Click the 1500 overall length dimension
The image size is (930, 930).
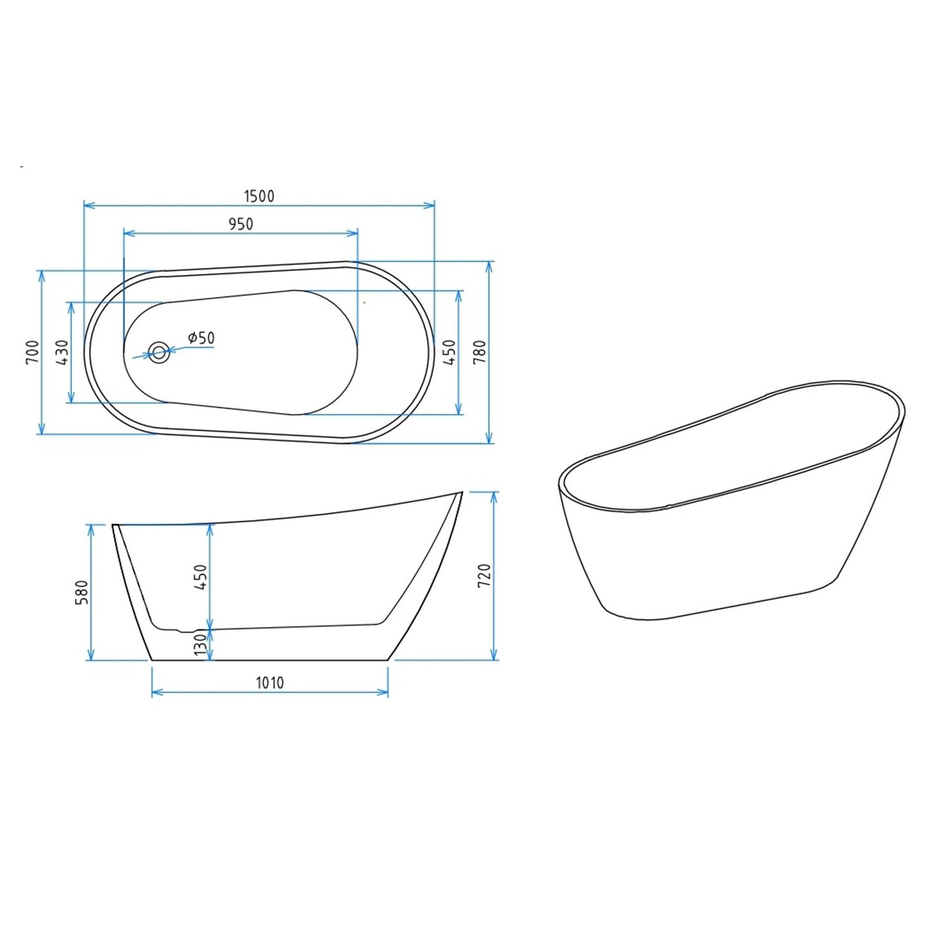pos(259,196)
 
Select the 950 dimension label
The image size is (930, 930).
pos(241,224)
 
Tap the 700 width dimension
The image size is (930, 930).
pos(33,351)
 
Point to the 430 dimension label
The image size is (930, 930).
pos(62,352)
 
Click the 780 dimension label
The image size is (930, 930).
pos(480,352)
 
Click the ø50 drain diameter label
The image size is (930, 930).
pos(201,338)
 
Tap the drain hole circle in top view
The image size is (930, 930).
pos(158,352)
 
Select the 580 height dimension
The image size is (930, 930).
pos(82,592)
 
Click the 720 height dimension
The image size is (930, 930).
pos(485,575)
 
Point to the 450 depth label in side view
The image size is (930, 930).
pos(201,577)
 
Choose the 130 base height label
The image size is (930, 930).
pos(201,645)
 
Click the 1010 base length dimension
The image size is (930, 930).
pos(270,682)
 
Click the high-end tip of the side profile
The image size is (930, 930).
pos(461,492)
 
